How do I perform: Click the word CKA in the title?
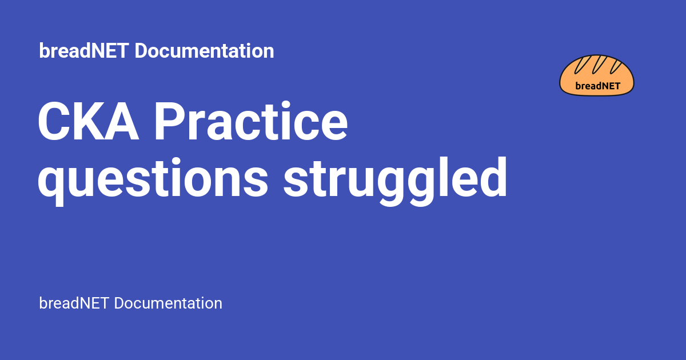point(88,122)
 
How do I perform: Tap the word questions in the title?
point(153,181)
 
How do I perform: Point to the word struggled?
point(396,181)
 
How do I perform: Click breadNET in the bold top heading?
point(83,51)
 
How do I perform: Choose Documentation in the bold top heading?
point(204,51)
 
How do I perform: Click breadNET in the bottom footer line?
point(74,303)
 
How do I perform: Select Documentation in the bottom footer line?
point(168,303)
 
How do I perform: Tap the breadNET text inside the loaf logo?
point(598,86)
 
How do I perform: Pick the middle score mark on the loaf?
point(599,65)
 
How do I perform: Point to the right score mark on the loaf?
point(616,67)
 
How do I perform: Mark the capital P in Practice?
point(170,122)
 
